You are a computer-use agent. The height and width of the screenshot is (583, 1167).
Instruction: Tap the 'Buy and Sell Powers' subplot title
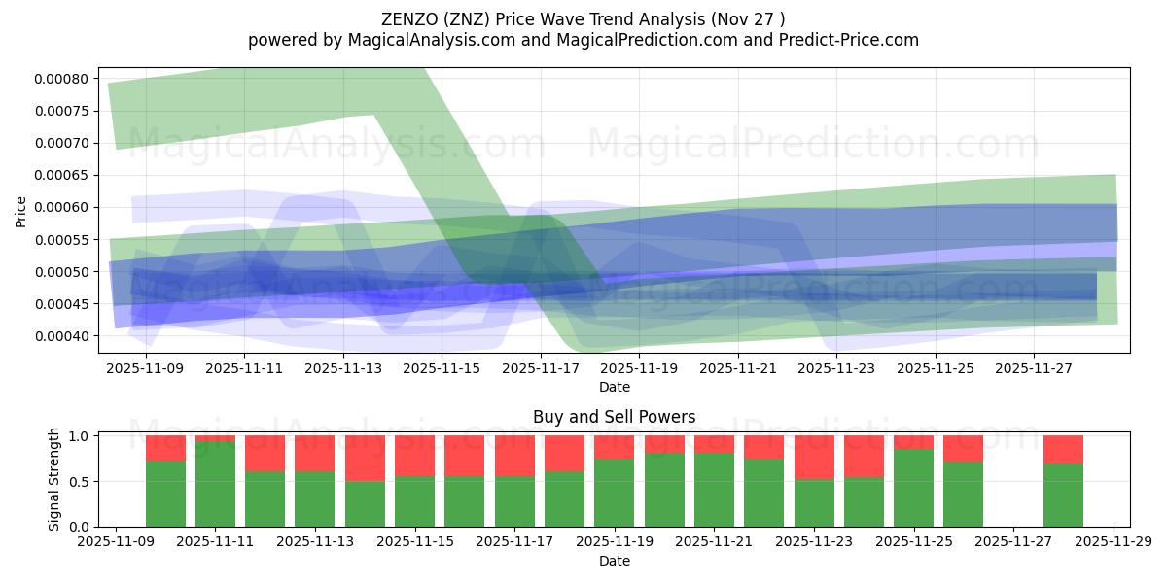[x=614, y=417]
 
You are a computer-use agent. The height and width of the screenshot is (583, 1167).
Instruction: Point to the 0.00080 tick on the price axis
[x=62, y=79]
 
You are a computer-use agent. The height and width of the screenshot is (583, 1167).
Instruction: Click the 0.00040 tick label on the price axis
[x=62, y=336]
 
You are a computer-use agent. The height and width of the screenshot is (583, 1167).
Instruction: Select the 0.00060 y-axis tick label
[x=62, y=207]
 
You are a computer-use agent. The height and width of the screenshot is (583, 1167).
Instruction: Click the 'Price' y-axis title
[x=21, y=211]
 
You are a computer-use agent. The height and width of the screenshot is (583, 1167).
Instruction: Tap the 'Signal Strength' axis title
[x=54, y=479]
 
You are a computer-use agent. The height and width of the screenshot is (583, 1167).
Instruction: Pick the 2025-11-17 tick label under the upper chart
[x=541, y=369]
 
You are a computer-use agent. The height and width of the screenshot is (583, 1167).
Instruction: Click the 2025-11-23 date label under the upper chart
[x=836, y=369]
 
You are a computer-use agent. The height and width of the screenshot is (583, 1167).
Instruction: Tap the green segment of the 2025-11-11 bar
[x=216, y=484]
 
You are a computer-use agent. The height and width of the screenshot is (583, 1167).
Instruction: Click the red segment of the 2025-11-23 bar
[x=814, y=457]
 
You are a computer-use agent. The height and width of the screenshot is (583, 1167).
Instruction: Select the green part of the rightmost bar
[x=1063, y=496]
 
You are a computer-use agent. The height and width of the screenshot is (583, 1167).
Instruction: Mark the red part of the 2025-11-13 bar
[x=315, y=453]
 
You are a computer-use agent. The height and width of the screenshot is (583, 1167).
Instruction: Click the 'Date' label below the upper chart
[x=614, y=387]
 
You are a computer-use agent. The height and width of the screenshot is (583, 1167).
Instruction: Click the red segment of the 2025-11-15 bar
[x=415, y=456]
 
